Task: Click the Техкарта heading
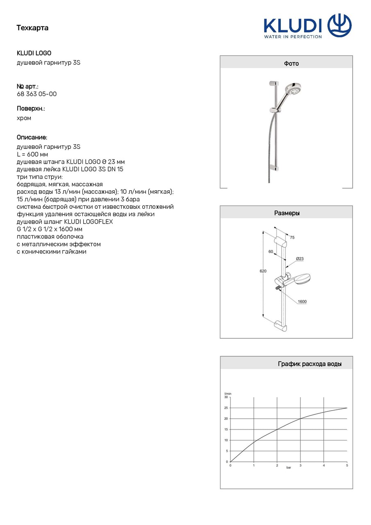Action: coord(32,28)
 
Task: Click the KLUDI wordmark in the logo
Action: coord(293,25)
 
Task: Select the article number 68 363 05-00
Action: coord(36,94)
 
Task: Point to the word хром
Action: coord(24,118)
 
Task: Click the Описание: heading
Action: coord(32,137)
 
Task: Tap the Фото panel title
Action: coord(291,64)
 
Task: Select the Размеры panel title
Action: coord(287,213)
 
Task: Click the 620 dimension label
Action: coord(263,272)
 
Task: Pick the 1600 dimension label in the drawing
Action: coord(302,302)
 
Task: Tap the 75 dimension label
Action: coord(292,237)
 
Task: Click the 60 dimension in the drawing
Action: coord(271,252)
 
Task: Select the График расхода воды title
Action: coord(310,364)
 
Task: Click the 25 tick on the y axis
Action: coord(225,408)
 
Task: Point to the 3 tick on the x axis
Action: coord(300,466)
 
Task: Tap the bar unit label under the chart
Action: coord(289,468)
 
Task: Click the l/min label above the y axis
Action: coord(228,394)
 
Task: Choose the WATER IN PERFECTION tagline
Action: coord(293,37)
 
